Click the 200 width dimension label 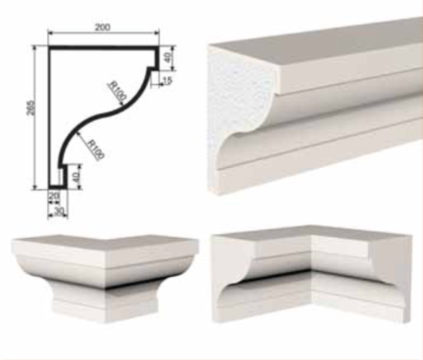coord(103,27)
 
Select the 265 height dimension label coord(31,108)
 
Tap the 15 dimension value coord(167,81)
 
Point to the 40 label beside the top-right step coord(168,57)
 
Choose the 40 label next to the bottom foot coord(76,175)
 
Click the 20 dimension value coord(53,196)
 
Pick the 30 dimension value coord(59,211)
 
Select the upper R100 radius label coord(118,91)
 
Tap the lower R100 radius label coord(95,149)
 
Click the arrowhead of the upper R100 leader coord(122,104)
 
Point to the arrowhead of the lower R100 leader coord(77,133)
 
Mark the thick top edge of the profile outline coord(104,48)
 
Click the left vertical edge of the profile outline coord(50,118)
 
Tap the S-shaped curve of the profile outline coord(105,115)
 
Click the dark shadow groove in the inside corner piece coord(277,275)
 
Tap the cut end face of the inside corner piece coord(233,278)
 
